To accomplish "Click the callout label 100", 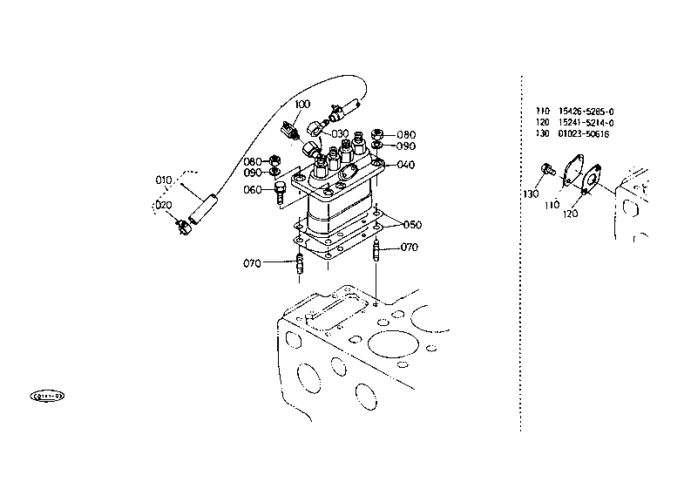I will pos(301,105).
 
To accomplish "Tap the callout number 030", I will pos(339,132).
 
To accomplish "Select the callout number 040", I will pos(406,165).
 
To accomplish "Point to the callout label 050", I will pos(411,225).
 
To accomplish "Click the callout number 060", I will pos(252,189).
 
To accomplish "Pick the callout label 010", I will pos(164,180).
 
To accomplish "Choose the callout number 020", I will pos(162,205).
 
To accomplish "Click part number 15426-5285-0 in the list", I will pos(586,112).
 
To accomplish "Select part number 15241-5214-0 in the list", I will pos(586,123).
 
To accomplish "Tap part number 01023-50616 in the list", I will pos(584,134).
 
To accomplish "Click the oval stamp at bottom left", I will pos(47,397).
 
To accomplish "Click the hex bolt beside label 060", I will pos(280,193).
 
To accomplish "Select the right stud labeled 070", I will pos(376,255).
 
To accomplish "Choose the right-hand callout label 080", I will pos(406,135).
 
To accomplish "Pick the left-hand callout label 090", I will pos(253,173).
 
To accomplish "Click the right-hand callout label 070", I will pos(410,248).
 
